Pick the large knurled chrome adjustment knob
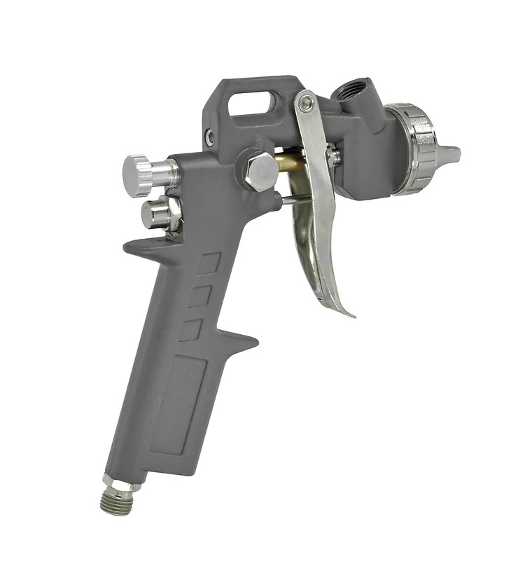click(143, 174)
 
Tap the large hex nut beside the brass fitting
click(261, 172)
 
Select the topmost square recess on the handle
click(208, 263)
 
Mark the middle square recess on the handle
click(199, 296)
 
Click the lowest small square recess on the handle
click(190, 329)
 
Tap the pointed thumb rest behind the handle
click(140, 245)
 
